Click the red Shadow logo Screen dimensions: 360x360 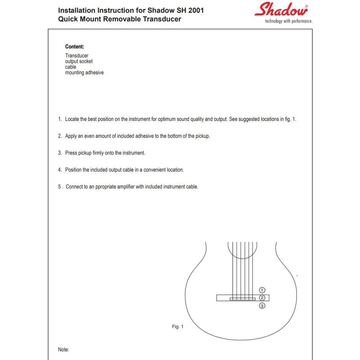[281, 10]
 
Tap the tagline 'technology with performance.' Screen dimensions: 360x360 [289, 21]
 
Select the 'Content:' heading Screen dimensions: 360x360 [75, 47]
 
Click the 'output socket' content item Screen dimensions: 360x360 [79, 61]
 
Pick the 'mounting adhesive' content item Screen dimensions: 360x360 [84, 73]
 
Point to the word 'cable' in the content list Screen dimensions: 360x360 [71, 67]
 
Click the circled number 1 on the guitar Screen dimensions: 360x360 [262, 290]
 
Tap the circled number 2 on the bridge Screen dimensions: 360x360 [262, 298]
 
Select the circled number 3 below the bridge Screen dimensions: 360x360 [262, 306]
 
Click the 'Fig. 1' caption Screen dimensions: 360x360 [178, 327]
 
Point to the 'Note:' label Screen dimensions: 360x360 [64, 350]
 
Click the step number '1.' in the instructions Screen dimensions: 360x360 [60, 119]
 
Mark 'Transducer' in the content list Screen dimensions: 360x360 [77, 56]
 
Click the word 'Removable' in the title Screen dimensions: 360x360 [122, 19]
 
